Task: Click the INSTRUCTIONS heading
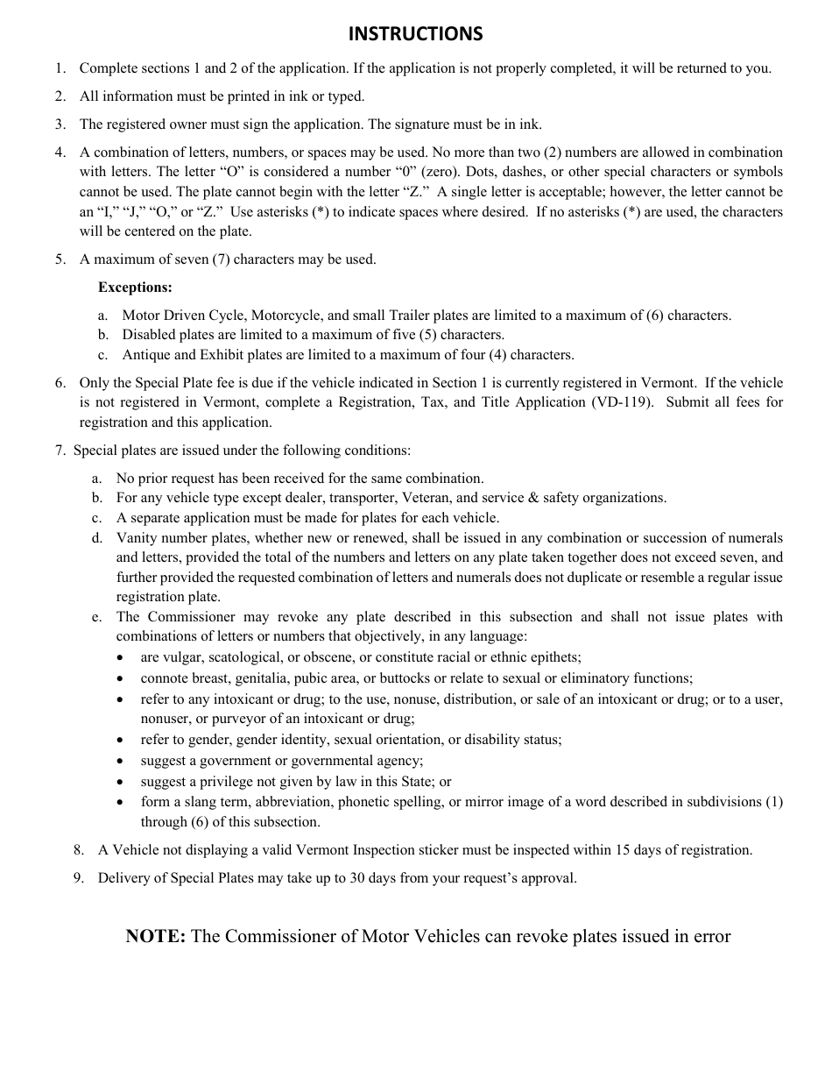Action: (x=415, y=34)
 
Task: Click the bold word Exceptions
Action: (x=135, y=287)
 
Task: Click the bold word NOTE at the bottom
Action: (x=155, y=936)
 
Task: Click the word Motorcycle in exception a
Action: (x=271, y=316)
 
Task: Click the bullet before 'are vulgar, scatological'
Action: (x=121, y=657)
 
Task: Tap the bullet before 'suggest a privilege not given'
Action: (x=121, y=782)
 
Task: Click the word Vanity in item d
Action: (x=137, y=538)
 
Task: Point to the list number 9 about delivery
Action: (x=79, y=878)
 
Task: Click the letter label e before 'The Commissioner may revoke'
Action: (x=96, y=617)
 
